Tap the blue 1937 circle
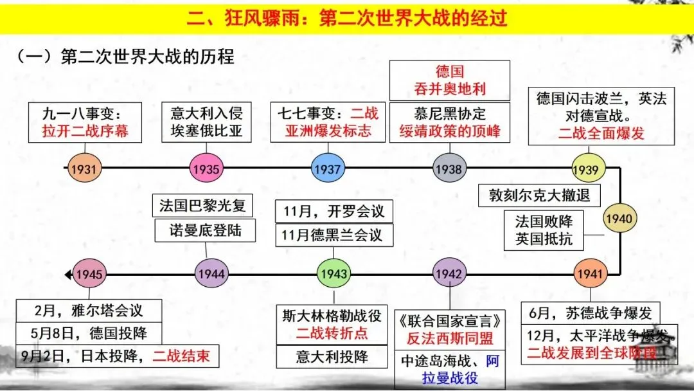(x=327, y=170)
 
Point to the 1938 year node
(x=448, y=169)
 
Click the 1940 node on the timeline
(x=618, y=219)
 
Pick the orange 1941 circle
(x=590, y=274)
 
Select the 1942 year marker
(x=448, y=274)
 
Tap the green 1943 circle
(x=334, y=274)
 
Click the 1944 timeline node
(x=211, y=274)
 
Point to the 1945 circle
(x=89, y=274)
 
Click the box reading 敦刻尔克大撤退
(x=535, y=195)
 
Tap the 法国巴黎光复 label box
(x=202, y=206)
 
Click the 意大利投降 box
(x=332, y=356)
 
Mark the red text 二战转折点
(x=332, y=333)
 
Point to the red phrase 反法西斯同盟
(x=449, y=338)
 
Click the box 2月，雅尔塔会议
(x=89, y=311)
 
